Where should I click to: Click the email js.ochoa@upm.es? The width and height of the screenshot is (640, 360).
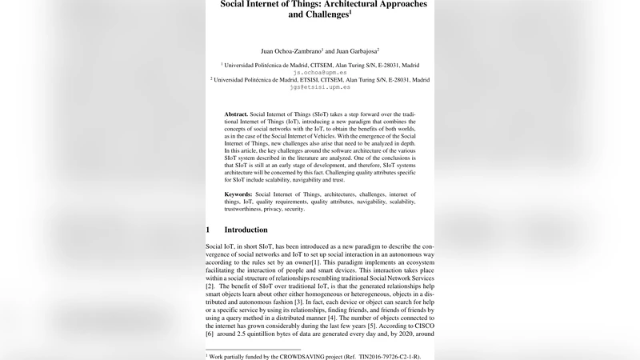(x=319, y=72)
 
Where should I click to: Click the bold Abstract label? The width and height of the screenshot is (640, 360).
(x=236, y=114)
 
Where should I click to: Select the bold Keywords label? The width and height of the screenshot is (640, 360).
(x=238, y=194)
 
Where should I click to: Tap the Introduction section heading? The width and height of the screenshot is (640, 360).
(x=246, y=230)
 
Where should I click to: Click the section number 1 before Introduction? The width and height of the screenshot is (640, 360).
(x=208, y=230)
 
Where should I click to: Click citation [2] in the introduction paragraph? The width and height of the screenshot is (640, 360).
(x=210, y=286)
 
